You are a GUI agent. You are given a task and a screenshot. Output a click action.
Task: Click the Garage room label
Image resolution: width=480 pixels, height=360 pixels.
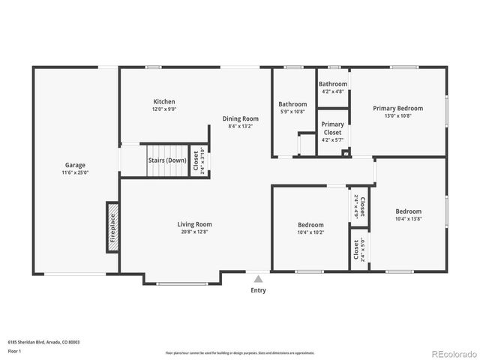pyautogui.click(x=75, y=165)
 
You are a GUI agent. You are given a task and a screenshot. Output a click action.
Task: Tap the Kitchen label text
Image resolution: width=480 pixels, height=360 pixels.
pyautogui.click(x=164, y=102)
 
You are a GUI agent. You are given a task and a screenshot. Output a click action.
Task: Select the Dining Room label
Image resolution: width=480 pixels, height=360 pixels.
pyautogui.click(x=240, y=118)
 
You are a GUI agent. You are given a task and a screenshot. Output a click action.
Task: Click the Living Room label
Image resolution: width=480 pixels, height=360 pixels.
pyautogui.click(x=194, y=224)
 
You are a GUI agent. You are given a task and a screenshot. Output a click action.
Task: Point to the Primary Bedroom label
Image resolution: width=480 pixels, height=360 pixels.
pyautogui.click(x=397, y=108)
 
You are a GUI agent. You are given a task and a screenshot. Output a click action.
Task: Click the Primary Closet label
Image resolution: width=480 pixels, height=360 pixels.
pyautogui.click(x=332, y=128)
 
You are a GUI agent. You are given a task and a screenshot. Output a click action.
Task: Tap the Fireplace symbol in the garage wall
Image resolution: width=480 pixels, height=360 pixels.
pyautogui.click(x=112, y=223)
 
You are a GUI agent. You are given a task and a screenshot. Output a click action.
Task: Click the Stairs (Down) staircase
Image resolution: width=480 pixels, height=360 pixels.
pyautogui.click(x=166, y=160)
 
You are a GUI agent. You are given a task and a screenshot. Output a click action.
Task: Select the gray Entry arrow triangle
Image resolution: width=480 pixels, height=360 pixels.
pyautogui.click(x=258, y=279)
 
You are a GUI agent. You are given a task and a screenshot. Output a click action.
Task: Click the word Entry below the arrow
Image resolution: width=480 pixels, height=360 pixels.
pyautogui.click(x=258, y=290)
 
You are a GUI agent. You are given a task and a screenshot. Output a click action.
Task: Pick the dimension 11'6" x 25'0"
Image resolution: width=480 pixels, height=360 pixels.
pyautogui.click(x=75, y=172)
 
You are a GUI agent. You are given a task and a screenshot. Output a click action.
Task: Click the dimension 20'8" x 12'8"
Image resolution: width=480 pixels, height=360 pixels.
pyautogui.click(x=194, y=232)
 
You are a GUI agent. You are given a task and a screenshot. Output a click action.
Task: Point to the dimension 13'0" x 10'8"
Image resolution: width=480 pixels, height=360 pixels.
pyautogui.click(x=397, y=115)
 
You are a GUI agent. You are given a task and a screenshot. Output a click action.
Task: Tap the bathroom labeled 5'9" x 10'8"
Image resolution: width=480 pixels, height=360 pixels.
pyautogui.click(x=292, y=104)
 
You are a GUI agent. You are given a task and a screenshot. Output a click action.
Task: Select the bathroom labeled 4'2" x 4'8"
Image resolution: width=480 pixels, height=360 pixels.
pyautogui.click(x=332, y=84)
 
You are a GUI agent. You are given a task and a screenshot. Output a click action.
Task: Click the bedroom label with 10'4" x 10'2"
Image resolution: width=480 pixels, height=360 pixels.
pyautogui.click(x=310, y=225)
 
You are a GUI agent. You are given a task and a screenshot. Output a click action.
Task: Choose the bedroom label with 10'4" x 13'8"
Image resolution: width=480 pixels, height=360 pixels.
pyautogui.click(x=408, y=211)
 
